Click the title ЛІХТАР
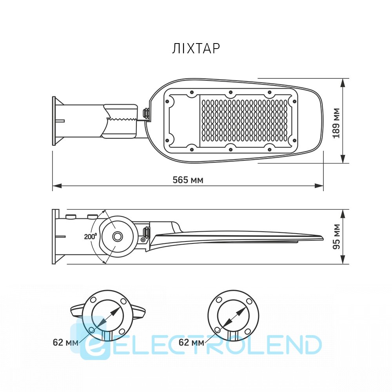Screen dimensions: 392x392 (196, 49)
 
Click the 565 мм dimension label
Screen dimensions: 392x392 (188, 180)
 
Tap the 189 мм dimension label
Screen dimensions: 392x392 (336, 123)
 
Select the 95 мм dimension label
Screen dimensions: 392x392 (336, 236)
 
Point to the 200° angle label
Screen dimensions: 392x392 (90, 236)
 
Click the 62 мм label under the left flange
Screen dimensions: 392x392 (65, 342)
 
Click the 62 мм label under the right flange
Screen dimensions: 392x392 (191, 342)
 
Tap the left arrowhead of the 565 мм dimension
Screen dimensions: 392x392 (57, 186)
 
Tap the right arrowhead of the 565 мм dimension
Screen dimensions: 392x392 (319, 186)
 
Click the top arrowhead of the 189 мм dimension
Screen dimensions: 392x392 (343, 83)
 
